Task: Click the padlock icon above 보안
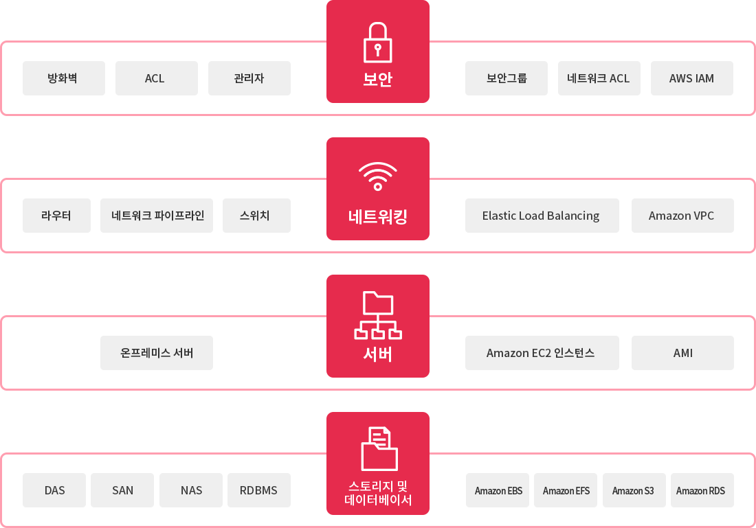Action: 377,43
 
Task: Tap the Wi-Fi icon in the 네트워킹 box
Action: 377,176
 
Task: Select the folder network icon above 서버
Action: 377,315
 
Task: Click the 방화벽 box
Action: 63,78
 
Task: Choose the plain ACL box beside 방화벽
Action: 156,78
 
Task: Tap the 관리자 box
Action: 249,78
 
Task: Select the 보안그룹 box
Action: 506,78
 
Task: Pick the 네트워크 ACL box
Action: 599,78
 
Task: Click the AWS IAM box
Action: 691,78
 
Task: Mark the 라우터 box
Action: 56,216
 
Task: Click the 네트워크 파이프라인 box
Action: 157,216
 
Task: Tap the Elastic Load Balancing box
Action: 542,216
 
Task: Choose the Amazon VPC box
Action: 682,216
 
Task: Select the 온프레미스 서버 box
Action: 157,353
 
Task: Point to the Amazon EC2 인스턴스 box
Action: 542,353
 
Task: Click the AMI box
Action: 682,353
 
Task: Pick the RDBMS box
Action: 258,490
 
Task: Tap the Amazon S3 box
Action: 633,490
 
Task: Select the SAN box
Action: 122,490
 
